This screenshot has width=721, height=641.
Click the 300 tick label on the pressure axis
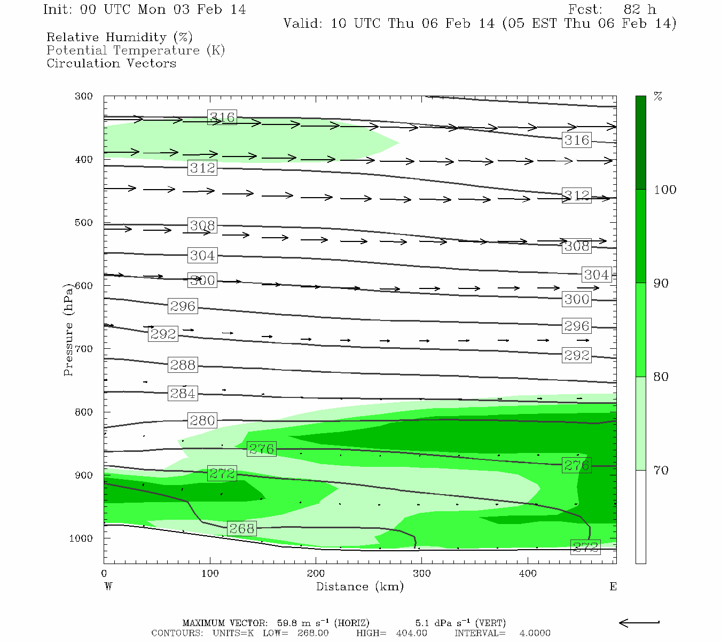click(x=84, y=96)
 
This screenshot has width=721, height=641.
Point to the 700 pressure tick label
click(x=84, y=349)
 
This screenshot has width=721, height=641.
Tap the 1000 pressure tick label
click(x=81, y=538)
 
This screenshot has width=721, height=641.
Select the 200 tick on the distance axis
click(x=316, y=574)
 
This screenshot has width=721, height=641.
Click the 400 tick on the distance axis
click(x=528, y=574)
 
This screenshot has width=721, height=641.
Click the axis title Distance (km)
click(x=359, y=587)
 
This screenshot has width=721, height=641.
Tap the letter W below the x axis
click(x=108, y=587)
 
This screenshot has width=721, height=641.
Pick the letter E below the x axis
click(x=613, y=587)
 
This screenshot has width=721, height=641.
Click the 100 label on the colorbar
click(x=665, y=190)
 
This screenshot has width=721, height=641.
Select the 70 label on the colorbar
click(x=661, y=471)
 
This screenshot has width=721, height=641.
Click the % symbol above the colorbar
click(x=658, y=97)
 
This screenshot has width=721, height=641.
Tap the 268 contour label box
click(x=241, y=528)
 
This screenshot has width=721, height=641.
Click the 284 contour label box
click(x=183, y=394)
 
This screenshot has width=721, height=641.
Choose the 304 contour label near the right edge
click(x=596, y=275)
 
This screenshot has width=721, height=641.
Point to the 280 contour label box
click(x=202, y=420)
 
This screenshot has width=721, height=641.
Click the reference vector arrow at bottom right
click(x=639, y=622)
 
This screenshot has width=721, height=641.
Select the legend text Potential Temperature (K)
click(x=136, y=50)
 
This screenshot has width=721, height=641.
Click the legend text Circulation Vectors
click(x=111, y=63)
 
